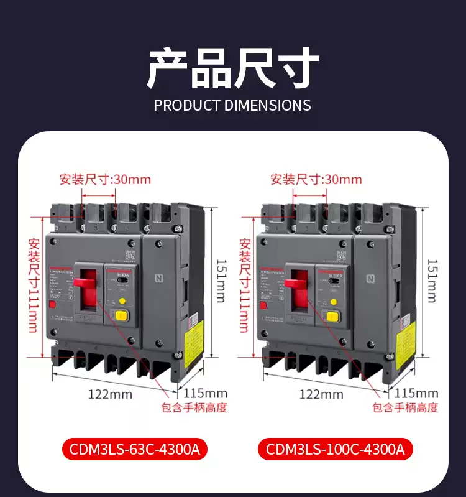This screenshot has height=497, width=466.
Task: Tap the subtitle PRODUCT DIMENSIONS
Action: (x=232, y=105)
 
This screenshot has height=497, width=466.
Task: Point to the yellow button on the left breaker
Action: (x=122, y=301)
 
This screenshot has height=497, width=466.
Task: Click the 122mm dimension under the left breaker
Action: (x=110, y=394)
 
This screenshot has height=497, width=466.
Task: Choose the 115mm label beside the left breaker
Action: (x=206, y=393)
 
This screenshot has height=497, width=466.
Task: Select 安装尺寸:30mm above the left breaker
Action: (x=105, y=180)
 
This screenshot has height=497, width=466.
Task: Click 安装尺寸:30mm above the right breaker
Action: (x=316, y=180)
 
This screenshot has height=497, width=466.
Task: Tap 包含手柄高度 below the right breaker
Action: (x=405, y=408)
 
